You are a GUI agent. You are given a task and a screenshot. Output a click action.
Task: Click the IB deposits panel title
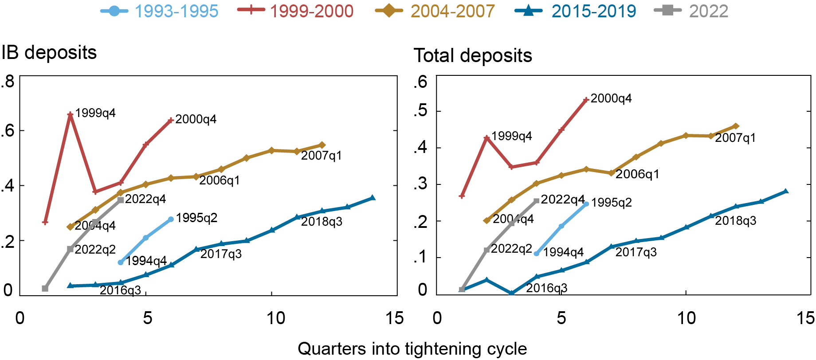pyautogui.click(x=49, y=53)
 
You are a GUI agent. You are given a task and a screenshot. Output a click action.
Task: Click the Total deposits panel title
pyautogui.click(x=473, y=56)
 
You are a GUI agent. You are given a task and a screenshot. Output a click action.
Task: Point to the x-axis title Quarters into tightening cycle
pyautogui.click(x=412, y=349)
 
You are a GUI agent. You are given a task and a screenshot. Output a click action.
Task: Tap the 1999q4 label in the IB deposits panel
pyautogui.click(x=95, y=113)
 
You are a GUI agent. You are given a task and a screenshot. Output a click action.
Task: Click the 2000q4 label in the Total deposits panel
pyautogui.click(x=611, y=98)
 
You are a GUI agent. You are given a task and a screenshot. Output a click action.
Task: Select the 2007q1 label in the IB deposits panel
pyautogui.click(x=321, y=156)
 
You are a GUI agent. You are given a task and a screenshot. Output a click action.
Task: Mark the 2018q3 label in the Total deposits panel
pyautogui.click(x=735, y=221)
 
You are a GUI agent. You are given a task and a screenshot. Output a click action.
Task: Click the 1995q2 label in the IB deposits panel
pyautogui.click(x=196, y=218)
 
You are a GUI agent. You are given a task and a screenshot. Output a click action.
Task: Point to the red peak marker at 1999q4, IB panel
pyautogui.click(x=70, y=115)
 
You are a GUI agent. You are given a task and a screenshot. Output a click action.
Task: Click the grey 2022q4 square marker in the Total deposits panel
pyautogui.click(x=537, y=201)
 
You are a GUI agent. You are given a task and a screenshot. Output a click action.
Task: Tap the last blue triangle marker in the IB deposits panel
pyautogui.click(x=373, y=198)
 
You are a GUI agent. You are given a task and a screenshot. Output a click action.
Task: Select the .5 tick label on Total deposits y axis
pyautogui.click(x=420, y=111)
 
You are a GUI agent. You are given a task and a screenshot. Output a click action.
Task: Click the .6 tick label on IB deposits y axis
pyautogui.click(x=8, y=131)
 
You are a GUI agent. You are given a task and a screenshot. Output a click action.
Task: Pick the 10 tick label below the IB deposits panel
pyautogui.click(x=275, y=318)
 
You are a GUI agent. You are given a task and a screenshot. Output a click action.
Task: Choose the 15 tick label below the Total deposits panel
pyautogui.click(x=805, y=318)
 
